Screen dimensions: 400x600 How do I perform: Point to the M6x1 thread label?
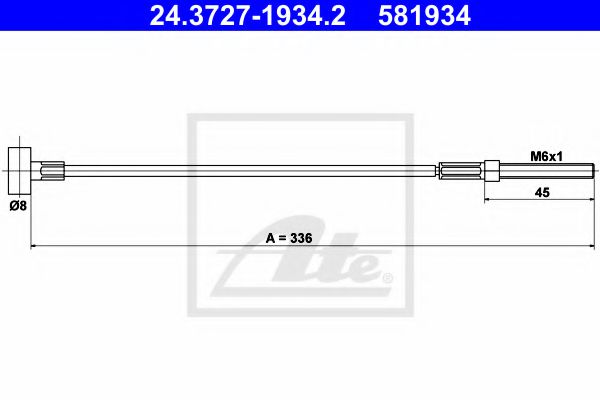[x=544, y=156]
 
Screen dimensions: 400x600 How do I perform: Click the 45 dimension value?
[x=541, y=195]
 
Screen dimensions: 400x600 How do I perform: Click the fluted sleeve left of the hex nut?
[x=461, y=171]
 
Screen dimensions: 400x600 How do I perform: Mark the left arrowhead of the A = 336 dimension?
[x=36, y=246]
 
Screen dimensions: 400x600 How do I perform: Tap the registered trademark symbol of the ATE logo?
[x=389, y=276]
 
